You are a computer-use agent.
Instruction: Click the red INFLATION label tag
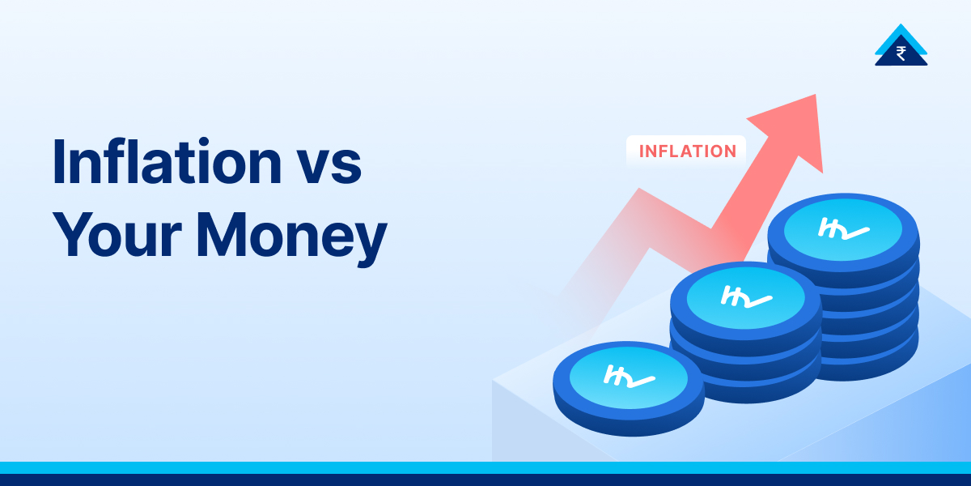[687, 151]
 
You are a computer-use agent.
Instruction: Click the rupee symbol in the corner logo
[901, 53]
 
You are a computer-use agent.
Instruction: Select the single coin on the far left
[628, 381]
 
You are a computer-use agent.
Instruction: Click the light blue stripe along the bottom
[485, 467]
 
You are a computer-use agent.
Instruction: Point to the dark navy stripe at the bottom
[485, 480]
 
